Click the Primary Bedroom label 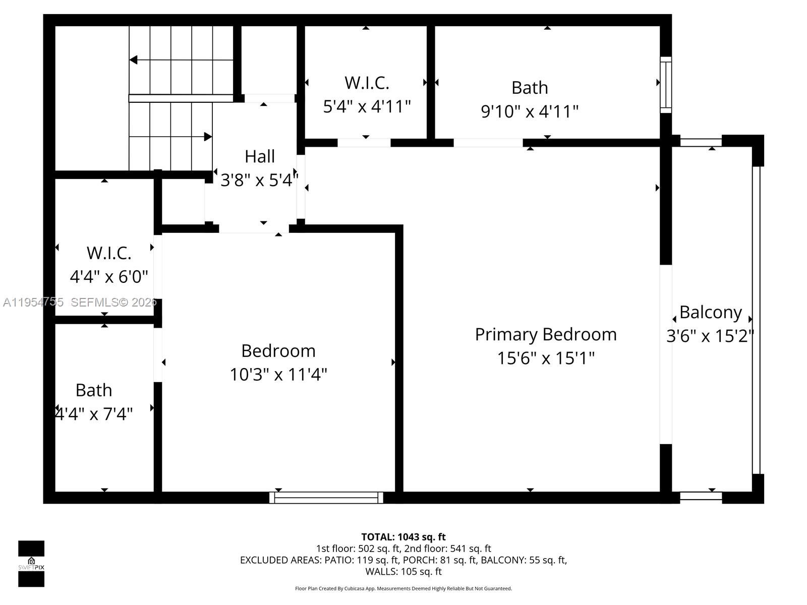546,335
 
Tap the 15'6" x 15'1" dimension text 546,358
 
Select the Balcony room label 710,313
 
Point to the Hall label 260,156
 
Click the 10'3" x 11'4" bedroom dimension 278,375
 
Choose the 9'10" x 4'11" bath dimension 530,111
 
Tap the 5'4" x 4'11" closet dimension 367,106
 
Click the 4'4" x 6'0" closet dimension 109,277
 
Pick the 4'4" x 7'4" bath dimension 94,414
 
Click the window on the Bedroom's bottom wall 326,498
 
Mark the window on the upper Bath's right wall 666,85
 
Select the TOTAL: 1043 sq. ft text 403,537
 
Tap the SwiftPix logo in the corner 31,564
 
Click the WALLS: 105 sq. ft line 403,572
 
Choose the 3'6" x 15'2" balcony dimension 710,336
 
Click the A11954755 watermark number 33,302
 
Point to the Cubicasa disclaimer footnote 403,588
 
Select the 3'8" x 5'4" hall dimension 259,180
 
